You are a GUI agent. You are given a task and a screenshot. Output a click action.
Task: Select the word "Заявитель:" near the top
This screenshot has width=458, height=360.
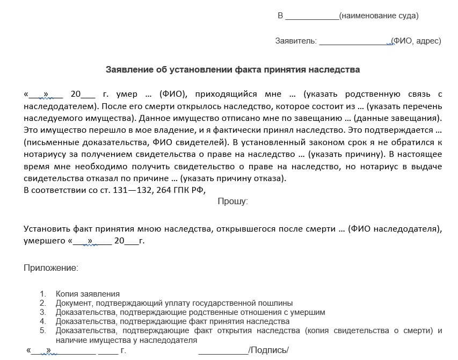(x=296, y=41)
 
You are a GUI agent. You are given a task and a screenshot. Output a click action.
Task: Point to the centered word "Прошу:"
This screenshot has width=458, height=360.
(x=232, y=201)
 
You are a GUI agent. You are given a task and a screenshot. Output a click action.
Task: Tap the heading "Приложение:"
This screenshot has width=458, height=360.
(x=51, y=267)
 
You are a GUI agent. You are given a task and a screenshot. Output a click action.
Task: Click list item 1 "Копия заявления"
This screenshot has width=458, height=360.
(x=87, y=294)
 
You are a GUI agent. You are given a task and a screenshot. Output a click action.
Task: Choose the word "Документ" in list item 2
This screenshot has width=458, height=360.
(x=74, y=303)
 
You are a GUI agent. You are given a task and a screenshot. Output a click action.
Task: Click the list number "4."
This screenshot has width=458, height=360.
(x=43, y=321)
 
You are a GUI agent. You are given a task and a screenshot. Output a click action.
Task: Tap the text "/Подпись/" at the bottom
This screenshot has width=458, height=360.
(x=268, y=350)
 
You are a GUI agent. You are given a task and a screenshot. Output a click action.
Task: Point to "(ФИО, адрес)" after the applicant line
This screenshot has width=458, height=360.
(x=416, y=41)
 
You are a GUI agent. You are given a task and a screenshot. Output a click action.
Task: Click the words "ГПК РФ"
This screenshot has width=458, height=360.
(x=191, y=190)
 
